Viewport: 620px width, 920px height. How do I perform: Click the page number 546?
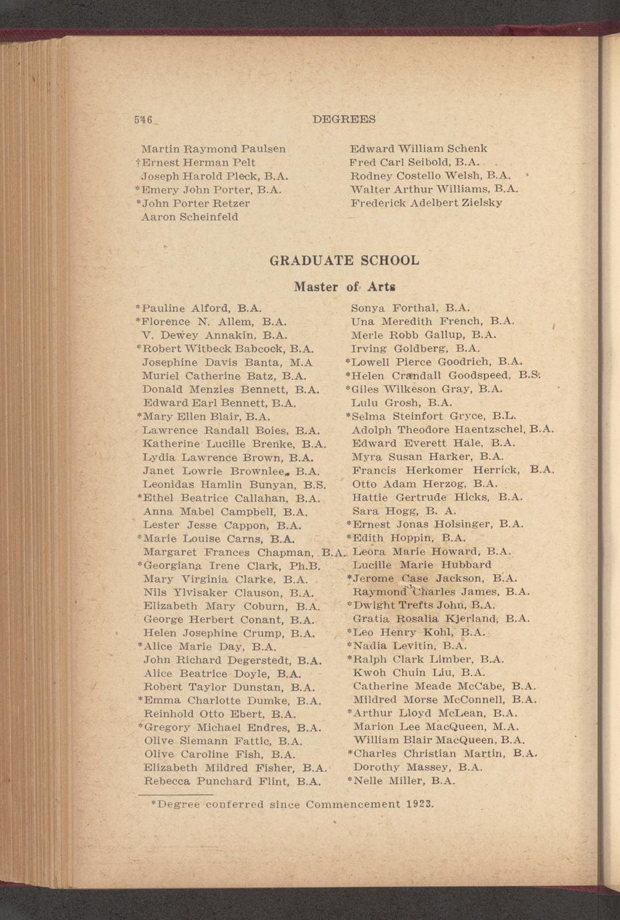tap(142, 120)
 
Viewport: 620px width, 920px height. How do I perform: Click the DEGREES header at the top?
tap(343, 119)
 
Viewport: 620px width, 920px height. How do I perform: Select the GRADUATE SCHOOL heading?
tap(344, 261)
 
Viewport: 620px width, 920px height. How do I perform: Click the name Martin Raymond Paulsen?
tap(213, 149)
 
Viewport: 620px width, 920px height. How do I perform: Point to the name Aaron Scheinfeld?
tap(190, 217)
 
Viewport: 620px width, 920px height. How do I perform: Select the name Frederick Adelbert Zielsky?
tap(426, 203)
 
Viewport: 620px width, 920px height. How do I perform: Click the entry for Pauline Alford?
tap(198, 308)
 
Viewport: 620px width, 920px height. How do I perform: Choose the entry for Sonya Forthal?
tap(411, 308)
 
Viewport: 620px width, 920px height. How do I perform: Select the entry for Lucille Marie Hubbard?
tap(422, 565)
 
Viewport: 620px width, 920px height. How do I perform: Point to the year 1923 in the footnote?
tap(419, 803)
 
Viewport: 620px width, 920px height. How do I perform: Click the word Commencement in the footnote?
tap(353, 804)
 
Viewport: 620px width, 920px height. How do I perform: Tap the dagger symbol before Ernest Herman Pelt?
tap(137, 162)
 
